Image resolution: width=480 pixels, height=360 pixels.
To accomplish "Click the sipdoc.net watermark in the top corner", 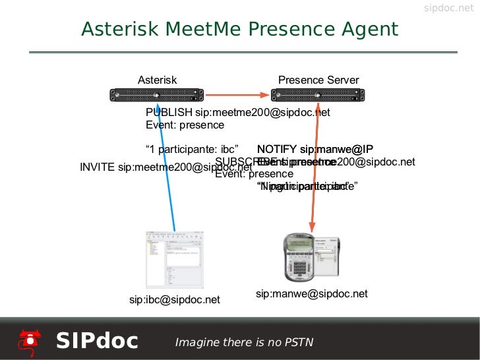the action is click(x=448, y=9).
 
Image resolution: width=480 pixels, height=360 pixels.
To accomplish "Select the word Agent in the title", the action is click(x=369, y=30).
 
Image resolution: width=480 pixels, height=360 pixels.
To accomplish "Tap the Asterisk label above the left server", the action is click(x=157, y=80).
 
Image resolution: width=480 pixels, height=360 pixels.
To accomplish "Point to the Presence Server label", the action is click(x=318, y=80).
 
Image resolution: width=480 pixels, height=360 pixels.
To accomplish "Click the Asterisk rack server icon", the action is click(x=157, y=96).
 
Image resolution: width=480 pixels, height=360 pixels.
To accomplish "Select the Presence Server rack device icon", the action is click(x=318, y=96).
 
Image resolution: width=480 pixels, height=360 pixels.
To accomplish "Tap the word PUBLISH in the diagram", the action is click(x=169, y=112).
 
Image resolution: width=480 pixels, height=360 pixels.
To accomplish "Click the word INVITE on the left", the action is click(x=98, y=167).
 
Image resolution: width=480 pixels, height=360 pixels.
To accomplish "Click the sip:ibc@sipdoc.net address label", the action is click(x=174, y=300).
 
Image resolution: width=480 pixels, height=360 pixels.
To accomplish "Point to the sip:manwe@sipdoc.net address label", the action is click(x=311, y=293).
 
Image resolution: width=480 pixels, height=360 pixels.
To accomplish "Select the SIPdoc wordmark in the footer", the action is click(x=97, y=341).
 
